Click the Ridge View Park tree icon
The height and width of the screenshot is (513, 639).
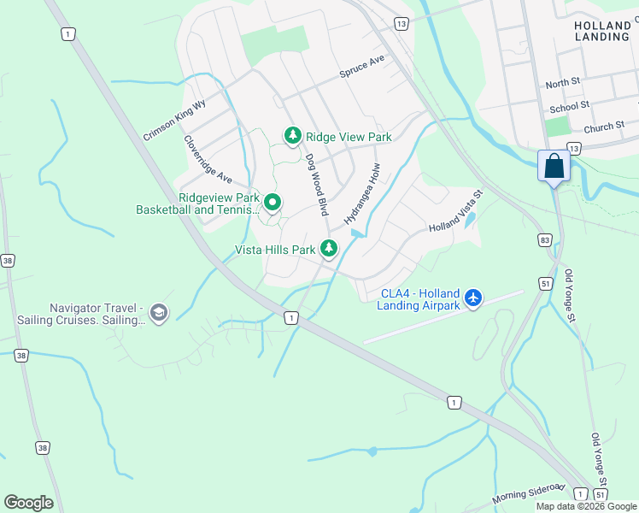293,136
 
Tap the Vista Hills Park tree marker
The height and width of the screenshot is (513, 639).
329,249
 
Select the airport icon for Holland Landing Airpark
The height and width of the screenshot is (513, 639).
474,299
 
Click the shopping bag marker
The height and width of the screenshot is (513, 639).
554,164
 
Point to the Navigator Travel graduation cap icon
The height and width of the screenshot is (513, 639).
158,313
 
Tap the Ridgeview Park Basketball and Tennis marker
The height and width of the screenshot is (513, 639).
273,203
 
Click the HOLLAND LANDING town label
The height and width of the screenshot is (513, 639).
602,32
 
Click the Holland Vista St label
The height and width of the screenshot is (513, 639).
456,214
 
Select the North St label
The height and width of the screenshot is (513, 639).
563,83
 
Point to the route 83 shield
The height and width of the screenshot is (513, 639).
545,241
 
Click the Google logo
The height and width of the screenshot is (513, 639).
28,503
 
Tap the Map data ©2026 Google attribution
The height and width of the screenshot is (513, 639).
585,506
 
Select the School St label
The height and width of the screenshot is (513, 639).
570,107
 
